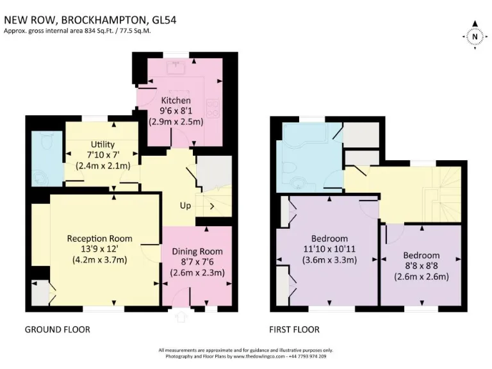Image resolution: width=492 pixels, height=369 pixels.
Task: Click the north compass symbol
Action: click(474, 37)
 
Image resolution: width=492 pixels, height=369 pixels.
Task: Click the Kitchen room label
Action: click(176, 101)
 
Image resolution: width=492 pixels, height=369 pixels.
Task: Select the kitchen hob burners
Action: click(213, 109)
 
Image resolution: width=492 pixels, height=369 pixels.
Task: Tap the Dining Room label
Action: click(197, 251)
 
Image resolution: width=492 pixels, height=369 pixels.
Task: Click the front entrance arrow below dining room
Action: click(180, 315)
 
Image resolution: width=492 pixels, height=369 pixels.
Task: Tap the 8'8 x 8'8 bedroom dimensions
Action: click(422, 266)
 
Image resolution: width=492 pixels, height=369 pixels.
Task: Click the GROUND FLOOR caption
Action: click(57, 329)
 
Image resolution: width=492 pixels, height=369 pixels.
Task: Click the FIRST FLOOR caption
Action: click(295, 329)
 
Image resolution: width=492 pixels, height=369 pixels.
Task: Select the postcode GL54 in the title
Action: click(161, 20)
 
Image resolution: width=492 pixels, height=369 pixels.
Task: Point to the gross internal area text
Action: click(77, 31)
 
